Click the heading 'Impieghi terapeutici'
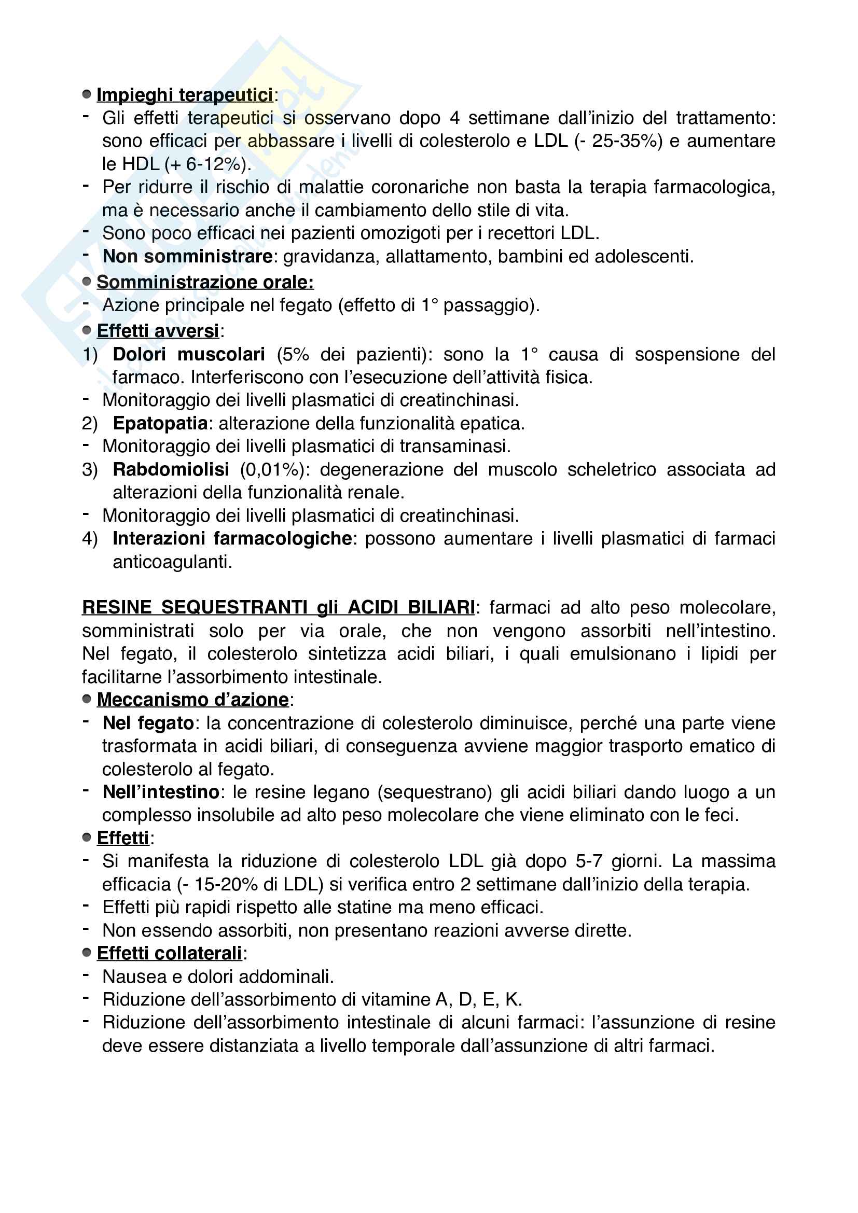[x=185, y=95]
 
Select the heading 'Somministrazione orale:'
[x=205, y=282]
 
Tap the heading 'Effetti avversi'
[x=158, y=331]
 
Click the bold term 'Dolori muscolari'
[x=189, y=354]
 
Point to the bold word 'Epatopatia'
[x=160, y=423]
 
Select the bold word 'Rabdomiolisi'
[x=171, y=469]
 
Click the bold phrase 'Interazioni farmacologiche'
[x=232, y=538]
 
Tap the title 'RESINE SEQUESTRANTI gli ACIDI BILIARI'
[x=278, y=608]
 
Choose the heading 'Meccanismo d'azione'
[x=193, y=700]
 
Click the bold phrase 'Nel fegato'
[x=148, y=723]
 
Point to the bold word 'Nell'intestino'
[x=161, y=792]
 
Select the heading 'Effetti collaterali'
[x=169, y=953]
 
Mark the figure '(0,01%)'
[x=274, y=469]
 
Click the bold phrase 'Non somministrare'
[x=188, y=256]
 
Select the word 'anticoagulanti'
[x=172, y=562]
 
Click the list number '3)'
[x=90, y=469]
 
